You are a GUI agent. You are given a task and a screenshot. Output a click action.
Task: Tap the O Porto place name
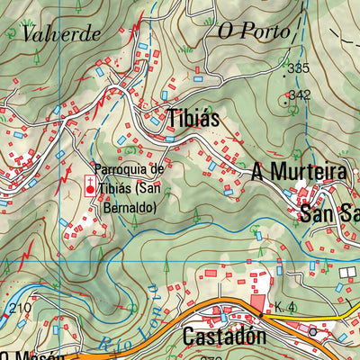coord(254,31)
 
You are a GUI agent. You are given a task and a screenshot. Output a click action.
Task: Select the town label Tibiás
coord(193,118)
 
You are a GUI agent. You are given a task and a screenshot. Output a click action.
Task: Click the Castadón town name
coord(224,337)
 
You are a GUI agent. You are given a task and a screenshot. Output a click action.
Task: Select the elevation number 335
coord(297,68)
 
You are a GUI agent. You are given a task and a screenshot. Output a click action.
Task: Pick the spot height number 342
coord(300,94)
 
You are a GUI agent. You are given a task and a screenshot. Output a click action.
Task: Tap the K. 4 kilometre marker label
coord(285,309)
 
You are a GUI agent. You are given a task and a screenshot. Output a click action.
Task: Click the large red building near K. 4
coord(258,305)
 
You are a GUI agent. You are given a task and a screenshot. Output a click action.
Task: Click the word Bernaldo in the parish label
coord(128,207)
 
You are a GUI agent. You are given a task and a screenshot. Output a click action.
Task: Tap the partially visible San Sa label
coord(328,215)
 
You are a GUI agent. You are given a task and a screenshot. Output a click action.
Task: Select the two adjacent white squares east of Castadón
coord(347,271)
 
